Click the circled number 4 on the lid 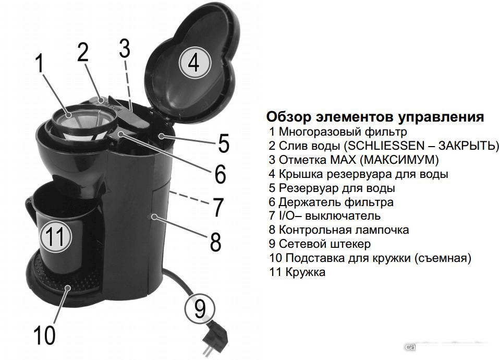(x=194, y=63)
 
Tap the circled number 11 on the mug (x=56, y=236)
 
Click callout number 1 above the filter (x=40, y=64)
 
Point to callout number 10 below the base (x=44, y=335)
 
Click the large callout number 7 (x=218, y=207)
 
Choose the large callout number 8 (x=215, y=242)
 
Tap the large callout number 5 (x=223, y=143)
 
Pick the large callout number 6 (x=220, y=174)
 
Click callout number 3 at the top (x=125, y=48)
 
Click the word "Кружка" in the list (x=305, y=272)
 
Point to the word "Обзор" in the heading (x=288, y=117)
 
